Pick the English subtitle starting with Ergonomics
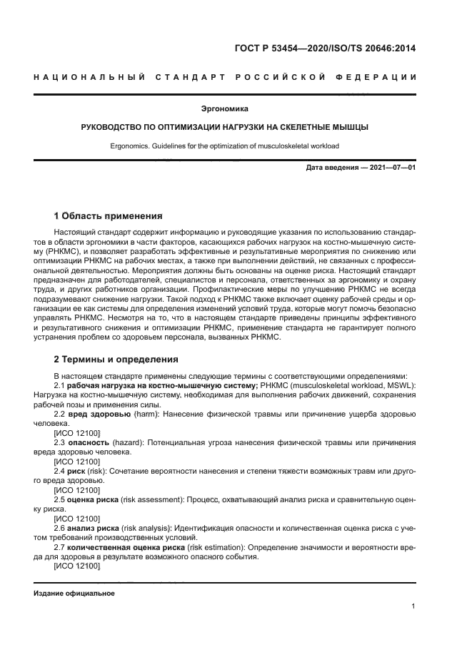[225, 146]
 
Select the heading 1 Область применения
[108, 215]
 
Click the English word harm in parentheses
[144, 414]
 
